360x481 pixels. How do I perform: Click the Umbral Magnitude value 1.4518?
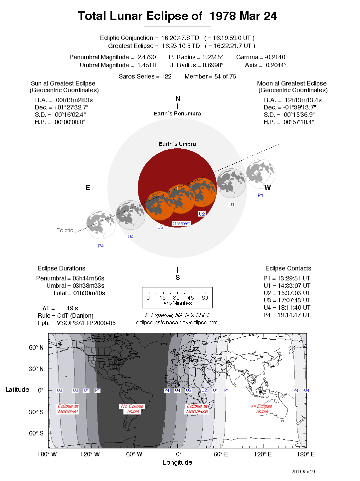coord(146,65)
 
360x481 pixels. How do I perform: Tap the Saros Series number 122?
coord(166,77)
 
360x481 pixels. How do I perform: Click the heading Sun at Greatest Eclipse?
coord(63,83)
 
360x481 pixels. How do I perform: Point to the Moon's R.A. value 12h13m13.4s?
coord(303,100)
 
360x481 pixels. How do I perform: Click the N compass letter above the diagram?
coord(178,98)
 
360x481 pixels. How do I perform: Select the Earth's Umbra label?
coord(177,144)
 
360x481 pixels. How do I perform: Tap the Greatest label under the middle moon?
coord(182,224)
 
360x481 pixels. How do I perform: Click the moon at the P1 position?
coord(261,174)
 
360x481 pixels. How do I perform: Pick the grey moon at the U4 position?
coord(130,215)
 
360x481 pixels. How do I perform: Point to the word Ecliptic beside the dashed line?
coord(65,230)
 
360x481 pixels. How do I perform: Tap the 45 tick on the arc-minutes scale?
coord(191,298)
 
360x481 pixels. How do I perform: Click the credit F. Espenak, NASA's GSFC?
coord(178,315)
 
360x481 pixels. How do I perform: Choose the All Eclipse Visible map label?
coord(262,409)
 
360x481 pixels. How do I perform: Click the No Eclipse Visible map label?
coord(132,409)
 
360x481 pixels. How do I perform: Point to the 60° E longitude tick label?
coord(221,454)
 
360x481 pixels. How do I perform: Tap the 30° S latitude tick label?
coord(36,412)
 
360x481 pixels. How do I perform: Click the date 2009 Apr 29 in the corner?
coord(303,472)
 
